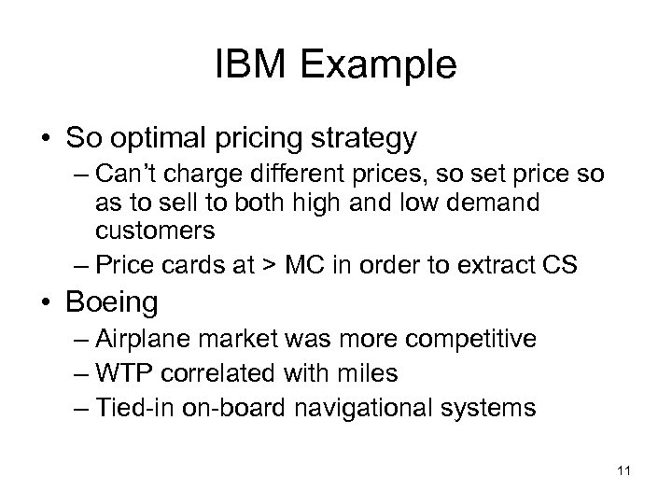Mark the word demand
click(x=498, y=202)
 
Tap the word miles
click(x=366, y=373)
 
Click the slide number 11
click(x=623, y=473)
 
